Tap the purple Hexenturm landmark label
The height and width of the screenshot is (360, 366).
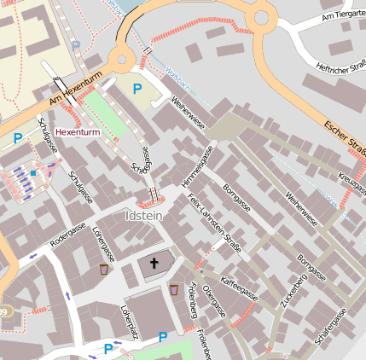click(77, 133)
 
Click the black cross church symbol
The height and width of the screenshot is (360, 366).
click(154, 264)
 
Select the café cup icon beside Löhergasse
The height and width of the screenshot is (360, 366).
click(103, 269)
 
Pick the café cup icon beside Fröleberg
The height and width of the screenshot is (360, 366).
click(174, 289)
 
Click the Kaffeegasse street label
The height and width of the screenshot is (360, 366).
click(239, 286)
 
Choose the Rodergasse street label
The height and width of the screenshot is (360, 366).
click(68, 236)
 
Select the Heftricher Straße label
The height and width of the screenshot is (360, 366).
click(341, 67)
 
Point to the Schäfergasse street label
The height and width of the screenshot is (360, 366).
click(330, 328)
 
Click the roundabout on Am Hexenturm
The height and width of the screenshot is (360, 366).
click(122, 58)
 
